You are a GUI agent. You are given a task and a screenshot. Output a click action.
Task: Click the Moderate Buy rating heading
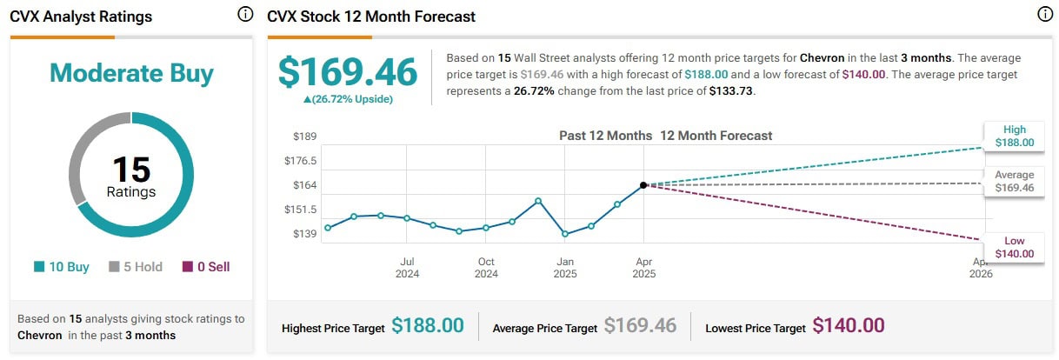coord(131,73)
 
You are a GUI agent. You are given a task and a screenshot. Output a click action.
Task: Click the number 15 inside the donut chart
coord(131,170)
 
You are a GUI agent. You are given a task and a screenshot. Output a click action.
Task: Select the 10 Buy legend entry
coord(62,267)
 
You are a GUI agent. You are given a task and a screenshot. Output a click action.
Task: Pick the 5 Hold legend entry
coord(136,267)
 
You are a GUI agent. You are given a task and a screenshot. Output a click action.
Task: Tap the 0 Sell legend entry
coord(206,267)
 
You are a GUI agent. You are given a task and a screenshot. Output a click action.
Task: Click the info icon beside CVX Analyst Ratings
coord(245,15)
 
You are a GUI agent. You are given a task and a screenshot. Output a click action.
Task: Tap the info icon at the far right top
coord(1044,15)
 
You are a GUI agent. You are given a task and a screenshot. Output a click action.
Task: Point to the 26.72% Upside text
coord(348,99)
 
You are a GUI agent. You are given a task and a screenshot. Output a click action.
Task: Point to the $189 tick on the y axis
coord(304,136)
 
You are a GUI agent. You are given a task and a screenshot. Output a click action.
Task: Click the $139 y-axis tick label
coord(304,234)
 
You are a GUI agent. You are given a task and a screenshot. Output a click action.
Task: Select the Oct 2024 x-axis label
coord(486,268)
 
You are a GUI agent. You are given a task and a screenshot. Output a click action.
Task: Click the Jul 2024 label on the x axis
coord(407,268)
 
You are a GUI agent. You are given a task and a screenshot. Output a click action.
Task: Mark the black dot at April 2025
coord(643,185)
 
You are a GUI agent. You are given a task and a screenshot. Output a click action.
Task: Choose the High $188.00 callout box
coord(1015,136)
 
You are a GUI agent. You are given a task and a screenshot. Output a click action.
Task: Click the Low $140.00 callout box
coord(1015,247)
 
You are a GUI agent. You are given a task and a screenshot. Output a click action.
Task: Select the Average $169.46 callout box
coord(1015,181)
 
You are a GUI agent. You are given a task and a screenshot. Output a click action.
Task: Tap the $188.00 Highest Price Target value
coord(427,326)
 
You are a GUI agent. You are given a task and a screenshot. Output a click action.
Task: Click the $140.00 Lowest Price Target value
coord(849,326)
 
